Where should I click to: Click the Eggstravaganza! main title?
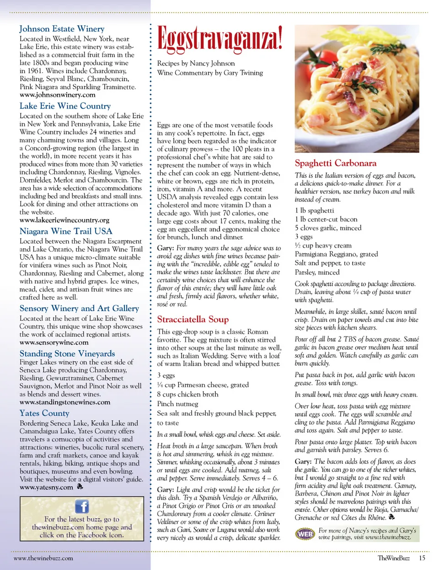(x=219, y=38)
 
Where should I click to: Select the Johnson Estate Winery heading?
(x=62, y=29)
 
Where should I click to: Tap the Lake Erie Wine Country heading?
(x=65, y=106)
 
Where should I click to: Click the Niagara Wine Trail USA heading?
(x=66, y=231)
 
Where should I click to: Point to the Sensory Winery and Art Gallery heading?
(x=79, y=308)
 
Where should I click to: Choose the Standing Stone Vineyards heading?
(x=67, y=353)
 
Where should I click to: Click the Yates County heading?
(x=44, y=413)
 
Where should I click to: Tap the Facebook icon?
(x=82, y=506)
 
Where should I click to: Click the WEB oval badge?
(x=305, y=534)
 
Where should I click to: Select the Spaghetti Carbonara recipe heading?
(x=336, y=163)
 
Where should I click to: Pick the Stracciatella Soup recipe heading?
(x=193, y=320)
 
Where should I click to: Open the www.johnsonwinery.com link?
(x=58, y=95)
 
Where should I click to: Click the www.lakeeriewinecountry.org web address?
(x=64, y=220)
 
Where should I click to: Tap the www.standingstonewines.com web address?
(x=65, y=402)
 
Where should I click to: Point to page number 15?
(x=422, y=558)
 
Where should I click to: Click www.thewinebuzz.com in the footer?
(x=43, y=558)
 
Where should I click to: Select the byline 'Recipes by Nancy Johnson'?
(x=196, y=64)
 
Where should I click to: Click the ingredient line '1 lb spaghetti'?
(x=314, y=211)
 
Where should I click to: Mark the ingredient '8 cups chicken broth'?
(x=187, y=394)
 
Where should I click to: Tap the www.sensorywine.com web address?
(x=54, y=342)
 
